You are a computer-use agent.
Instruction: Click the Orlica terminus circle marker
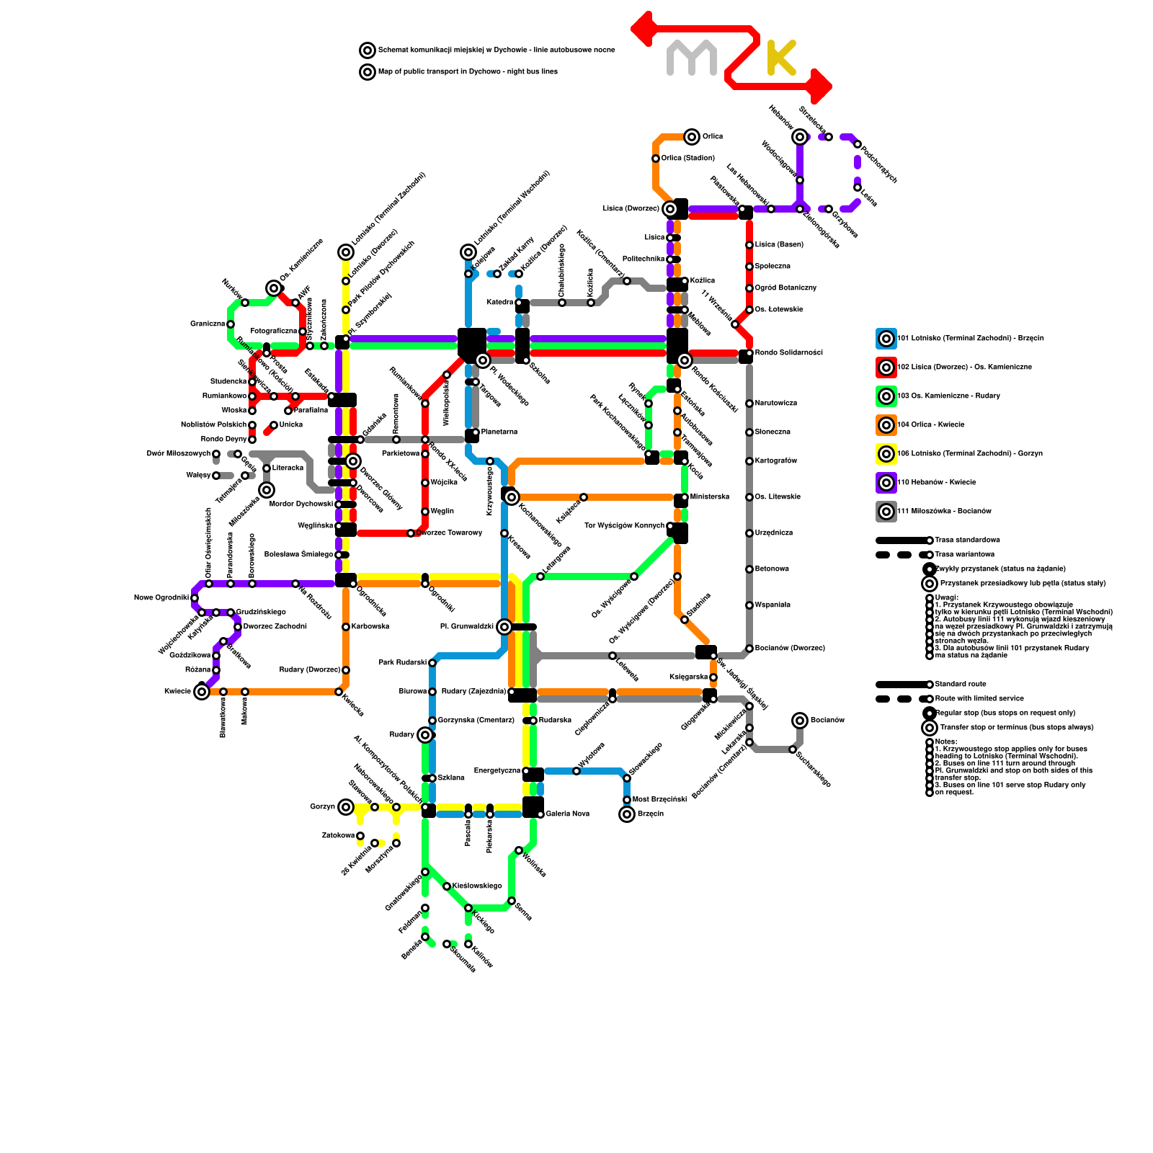[692, 136]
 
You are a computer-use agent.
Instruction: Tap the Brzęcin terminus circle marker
[627, 814]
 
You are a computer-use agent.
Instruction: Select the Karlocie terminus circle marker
[202, 692]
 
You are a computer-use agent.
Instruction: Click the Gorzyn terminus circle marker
[346, 807]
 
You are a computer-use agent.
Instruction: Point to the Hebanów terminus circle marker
[800, 137]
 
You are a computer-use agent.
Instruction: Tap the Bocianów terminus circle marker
[800, 721]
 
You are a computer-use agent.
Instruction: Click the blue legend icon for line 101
[886, 339]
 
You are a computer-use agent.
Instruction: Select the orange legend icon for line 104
[886, 425]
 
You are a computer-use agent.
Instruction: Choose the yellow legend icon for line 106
[886, 454]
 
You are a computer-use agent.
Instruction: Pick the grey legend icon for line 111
[886, 512]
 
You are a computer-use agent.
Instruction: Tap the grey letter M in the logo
[691, 58]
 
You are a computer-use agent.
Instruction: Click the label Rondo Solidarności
[788, 352]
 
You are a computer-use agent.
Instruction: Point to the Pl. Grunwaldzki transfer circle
[504, 627]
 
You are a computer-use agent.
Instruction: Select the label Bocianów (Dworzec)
[790, 648]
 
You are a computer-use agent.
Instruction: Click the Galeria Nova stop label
[568, 814]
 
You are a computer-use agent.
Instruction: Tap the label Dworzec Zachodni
[275, 626]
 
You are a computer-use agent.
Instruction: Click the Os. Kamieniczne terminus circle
[274, 288]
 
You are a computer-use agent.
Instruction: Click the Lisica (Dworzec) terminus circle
[670, 209]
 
